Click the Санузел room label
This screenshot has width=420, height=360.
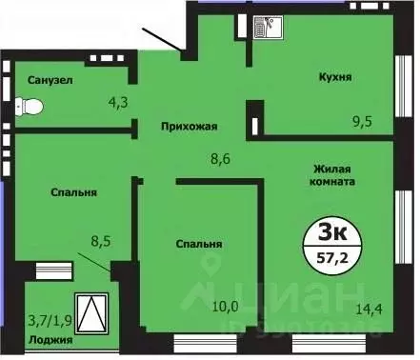tap(48, 79)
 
